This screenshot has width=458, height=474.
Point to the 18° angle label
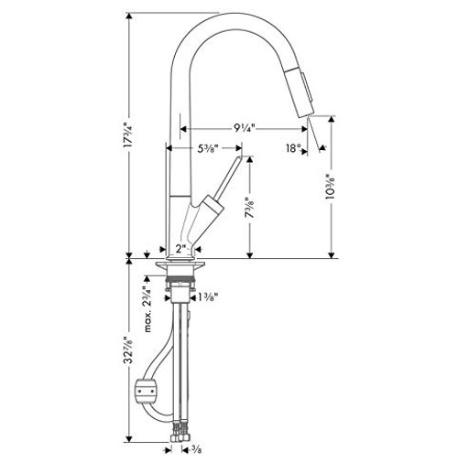293,146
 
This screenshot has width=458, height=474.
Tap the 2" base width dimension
181,247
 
